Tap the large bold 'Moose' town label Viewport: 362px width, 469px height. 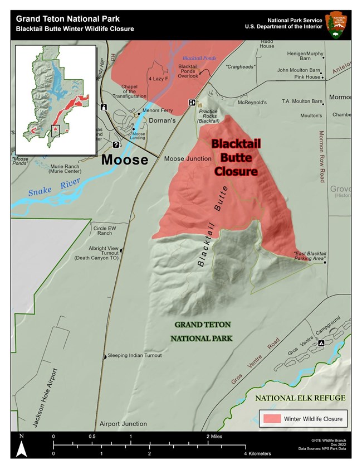[125, 160]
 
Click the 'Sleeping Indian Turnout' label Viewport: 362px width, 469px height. [134, 355]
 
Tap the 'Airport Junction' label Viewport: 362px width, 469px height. [123, 424]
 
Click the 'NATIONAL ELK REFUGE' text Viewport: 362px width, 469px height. [301, 398]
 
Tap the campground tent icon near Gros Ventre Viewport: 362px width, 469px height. [321, 344]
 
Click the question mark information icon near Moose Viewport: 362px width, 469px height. [116, 145]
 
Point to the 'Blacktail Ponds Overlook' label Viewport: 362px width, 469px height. [188, 71]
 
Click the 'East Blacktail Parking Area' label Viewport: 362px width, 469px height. [309, 257]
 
